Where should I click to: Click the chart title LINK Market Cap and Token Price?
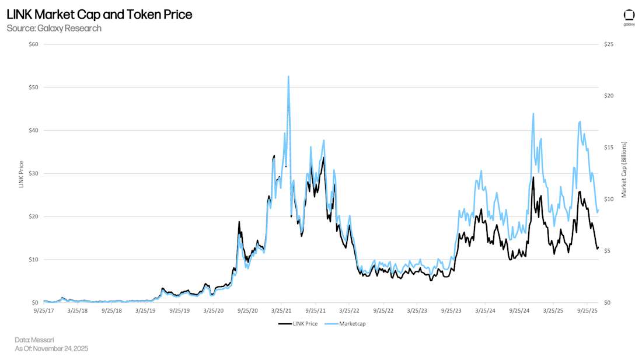tap(99, 15)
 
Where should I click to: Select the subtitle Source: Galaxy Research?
tap(54, 28)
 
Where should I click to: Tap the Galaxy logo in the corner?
tap(629, 17)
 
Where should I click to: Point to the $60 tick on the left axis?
tap(33, 44)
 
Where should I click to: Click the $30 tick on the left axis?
tap(33, 173)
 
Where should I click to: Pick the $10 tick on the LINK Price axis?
tap(33, 260)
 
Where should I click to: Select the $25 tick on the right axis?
tap(608, 44)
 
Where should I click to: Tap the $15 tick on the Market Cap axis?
tap(608, 148)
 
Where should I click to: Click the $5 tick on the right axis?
tap(606, 251)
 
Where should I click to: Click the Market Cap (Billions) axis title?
tap(623, 169)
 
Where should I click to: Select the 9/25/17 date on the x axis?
tap(44, 311)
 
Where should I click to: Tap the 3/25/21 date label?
tap(281, 311)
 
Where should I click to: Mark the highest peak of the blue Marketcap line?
tap(288, 76)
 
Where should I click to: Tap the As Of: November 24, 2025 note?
tap(51, 348)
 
